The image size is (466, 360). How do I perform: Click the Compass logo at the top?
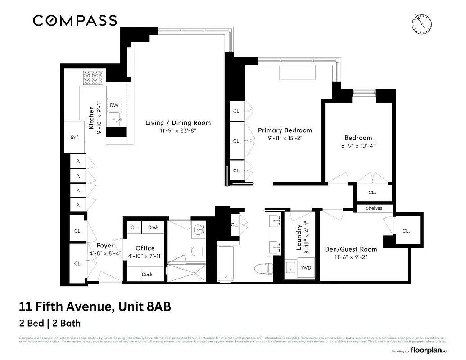click(x=75, y=20)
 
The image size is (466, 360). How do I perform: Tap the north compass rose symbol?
click(x=421, y=23)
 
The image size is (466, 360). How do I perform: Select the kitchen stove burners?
click(x=93, y=77)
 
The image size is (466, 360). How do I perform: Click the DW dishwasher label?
click(x=114, y=105)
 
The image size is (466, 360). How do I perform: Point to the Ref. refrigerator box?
click(x=75, y=138)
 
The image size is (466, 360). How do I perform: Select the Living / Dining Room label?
click(x=178, y=123)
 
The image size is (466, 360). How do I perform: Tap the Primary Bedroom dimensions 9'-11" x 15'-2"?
click(x=285, y=139)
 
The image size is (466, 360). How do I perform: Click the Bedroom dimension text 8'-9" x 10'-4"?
click(x=358, y=146)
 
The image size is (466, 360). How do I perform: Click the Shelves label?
click(x=374, y=208)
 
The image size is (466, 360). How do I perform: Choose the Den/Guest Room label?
click(x=351, y=249)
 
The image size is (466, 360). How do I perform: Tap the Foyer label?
click(x=105, y=246)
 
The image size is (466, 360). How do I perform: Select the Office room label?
click(x=145, y=248)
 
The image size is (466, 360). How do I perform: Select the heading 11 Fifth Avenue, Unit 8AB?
click(x=95, y=307)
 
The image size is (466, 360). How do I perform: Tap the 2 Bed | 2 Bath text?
click(x=50, y=323)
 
